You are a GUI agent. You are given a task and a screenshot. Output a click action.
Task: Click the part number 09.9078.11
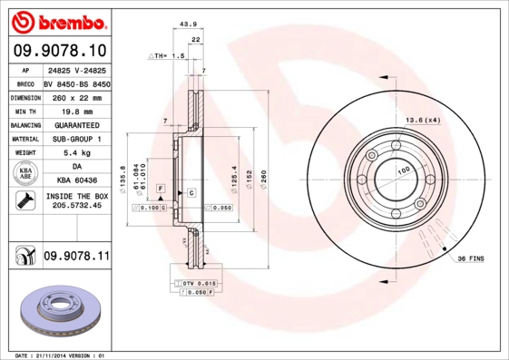(75, 258)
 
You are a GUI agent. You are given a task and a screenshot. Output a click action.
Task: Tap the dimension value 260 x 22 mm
(75, 95)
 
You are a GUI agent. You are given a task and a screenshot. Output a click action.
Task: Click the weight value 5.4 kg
(75, 153)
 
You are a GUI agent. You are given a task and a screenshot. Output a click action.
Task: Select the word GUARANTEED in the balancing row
(75, 124)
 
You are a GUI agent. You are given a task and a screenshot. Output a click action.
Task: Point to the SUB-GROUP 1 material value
(75, 139)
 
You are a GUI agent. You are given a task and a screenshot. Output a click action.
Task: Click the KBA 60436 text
(75, 181)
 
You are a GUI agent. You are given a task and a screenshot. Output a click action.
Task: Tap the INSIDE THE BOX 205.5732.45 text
(75, 201)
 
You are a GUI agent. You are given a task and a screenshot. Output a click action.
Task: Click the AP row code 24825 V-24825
(75, 68)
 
